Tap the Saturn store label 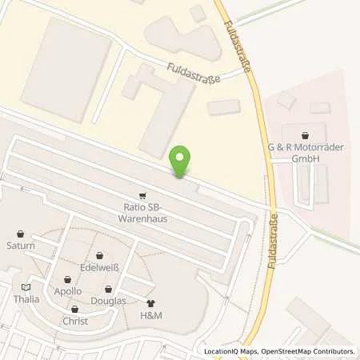(21, 246)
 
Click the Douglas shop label (108, 300)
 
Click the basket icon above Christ (75, 310)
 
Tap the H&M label (152, 315)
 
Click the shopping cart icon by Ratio (142, 194)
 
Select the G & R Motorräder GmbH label (306, 152)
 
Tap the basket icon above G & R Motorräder (306, 136)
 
